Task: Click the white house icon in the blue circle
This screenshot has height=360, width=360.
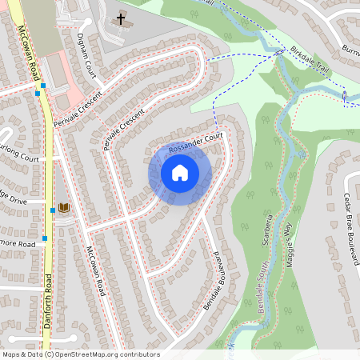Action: point(180,173)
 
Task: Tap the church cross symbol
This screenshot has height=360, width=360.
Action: point(122,18)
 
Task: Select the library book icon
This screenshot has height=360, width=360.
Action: point(64,208)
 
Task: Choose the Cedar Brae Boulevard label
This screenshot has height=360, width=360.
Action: point(347,220)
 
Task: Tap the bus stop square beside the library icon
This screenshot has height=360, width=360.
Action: point(53,210)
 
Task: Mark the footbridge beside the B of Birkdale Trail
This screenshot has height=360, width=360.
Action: point(280,53)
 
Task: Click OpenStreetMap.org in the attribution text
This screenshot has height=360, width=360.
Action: point(106,354)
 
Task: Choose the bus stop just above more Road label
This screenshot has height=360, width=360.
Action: point(46,238)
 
